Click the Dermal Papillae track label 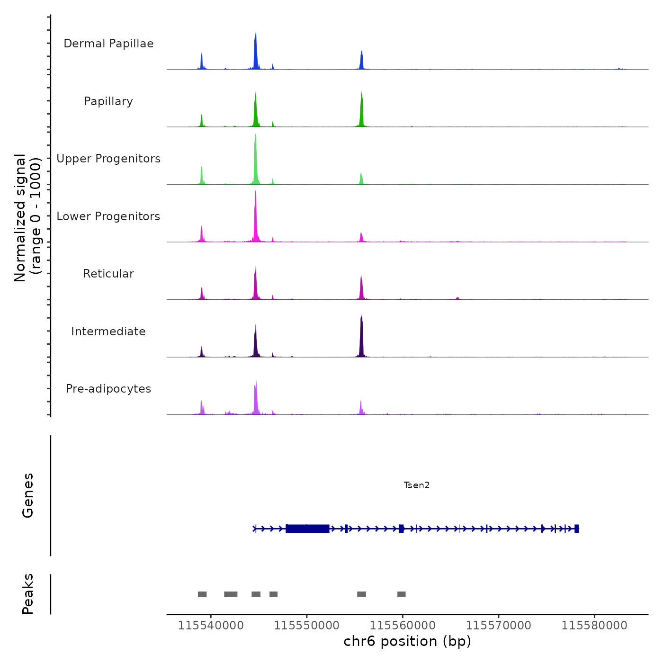pyautogui.click(x=108, y=44)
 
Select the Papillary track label pyautogui.click(x=108, y=101)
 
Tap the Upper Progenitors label pyautogui.click(x=108, y=159)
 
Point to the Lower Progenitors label pyautogui.click(x=108, y=216)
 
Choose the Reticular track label pyautogui.click(x=108, y=274)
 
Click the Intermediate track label pyautogui.click(x=108, y=331)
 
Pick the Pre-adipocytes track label pyautogui.click(x=108, y=389)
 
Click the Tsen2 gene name pyautogui.click(x=417, y=485)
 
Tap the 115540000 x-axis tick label pyautogui.click(x=211, y=625)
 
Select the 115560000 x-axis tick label pyautogui.click(x=403, y=625)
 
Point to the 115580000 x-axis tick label pyautogui.click(x=594, y=625)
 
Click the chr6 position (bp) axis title pyautogui.click(x=407, y=641)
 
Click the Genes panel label pyautogui.click(x=28, y=495)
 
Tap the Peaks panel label pyautogui.click(x=28, y=594)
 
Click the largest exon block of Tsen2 pyautogui.click(x=308, y=529)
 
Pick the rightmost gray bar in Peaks pyautogui.click(x=402, y=594)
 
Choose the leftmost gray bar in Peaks pyautogui.click(x=202, y=594)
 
